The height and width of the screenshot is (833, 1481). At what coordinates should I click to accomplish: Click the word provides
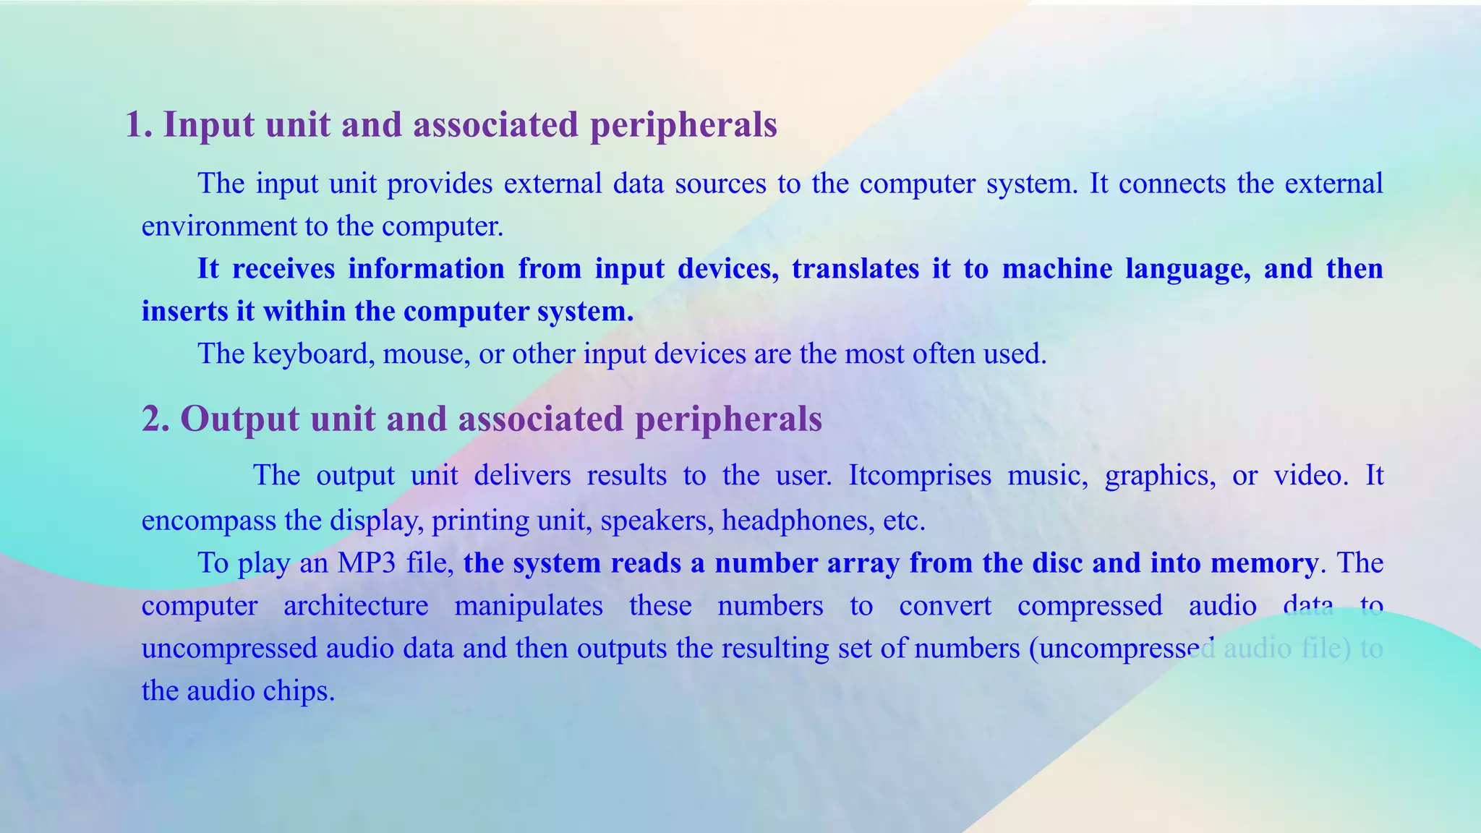point(440,184)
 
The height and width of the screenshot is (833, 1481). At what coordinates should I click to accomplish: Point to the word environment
point(218,226)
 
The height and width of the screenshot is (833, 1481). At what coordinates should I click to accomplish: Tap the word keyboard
point(311,354)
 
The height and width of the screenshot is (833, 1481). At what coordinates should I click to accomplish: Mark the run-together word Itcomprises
point(919,476)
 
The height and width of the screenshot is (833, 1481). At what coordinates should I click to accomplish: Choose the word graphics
point(1160,476)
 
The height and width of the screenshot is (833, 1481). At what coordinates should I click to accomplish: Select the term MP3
point(367,563)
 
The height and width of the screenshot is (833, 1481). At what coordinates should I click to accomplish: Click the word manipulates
point(529,606)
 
